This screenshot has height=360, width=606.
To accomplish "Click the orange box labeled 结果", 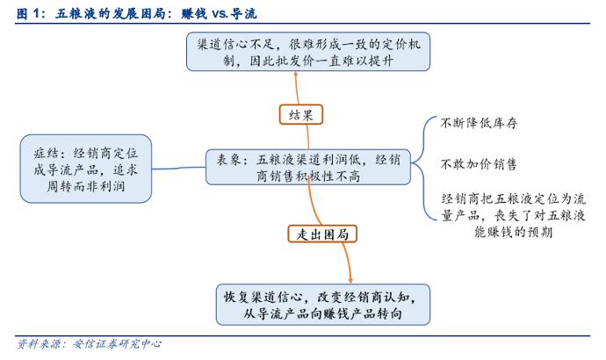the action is coord(300,114).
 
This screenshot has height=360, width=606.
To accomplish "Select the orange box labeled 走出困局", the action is coord(322,234).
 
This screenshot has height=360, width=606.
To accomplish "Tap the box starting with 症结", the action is coord(86,169).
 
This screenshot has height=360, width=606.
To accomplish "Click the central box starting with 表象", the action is coord(308,167).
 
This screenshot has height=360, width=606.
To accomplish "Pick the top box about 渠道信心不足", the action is coord(308,52).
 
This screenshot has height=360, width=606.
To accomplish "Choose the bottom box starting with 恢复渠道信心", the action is coord(322,305).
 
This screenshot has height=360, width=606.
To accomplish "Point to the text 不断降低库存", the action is coord(479,123).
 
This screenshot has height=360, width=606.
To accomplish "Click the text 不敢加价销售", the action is coord(479,164).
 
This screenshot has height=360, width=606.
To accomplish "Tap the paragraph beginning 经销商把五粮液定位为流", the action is coord(513,215).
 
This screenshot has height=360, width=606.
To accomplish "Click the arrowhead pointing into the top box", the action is coord(296,74).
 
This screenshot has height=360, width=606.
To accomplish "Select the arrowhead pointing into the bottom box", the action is coord(350,281).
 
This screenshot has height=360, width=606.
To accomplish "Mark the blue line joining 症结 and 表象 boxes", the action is coord(178,168).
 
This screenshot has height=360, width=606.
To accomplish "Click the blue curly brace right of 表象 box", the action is coord(423,167).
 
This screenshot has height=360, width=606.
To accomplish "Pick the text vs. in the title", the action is coord(220,14).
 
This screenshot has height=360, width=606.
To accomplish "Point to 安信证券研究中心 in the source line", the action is coord(117,344).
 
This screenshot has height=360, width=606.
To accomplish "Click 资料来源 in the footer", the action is coord(39,344).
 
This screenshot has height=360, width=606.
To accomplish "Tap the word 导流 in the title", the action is coord(243,14).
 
